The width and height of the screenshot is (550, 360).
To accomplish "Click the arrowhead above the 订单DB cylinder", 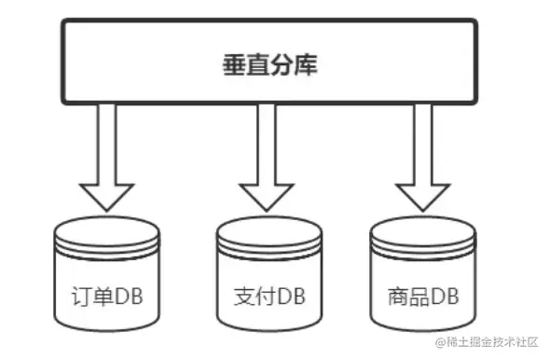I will point(106,196).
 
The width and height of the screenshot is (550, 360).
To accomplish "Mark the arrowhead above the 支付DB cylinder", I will point(267,196).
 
